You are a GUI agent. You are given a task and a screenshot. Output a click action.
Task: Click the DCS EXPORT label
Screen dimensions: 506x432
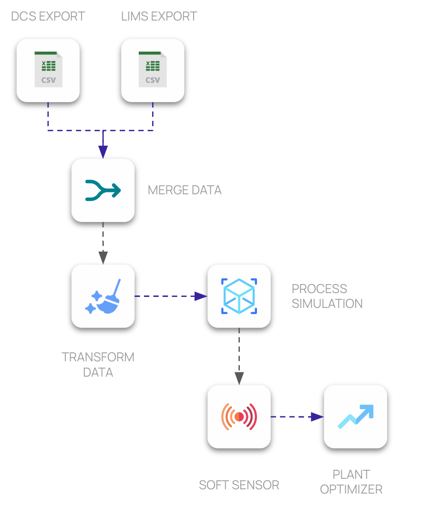click(48, 16)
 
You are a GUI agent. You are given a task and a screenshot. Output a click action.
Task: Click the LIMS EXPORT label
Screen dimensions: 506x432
click(159, 16)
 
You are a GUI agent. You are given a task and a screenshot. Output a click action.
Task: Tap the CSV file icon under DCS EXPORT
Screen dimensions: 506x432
click(48, 70)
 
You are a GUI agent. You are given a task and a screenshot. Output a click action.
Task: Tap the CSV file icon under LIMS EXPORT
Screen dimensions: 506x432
click(153, 70)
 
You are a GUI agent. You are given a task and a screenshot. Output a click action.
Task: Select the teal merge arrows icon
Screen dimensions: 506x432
click(103, 190)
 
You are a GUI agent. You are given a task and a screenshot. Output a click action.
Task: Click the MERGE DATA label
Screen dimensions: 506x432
click(185, 190)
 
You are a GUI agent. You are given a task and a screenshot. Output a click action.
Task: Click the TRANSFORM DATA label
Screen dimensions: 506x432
click(98, 365)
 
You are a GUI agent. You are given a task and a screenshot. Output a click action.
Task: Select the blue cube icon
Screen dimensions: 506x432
click(239, 296)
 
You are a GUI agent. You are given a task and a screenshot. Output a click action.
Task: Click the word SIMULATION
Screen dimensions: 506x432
click(327, 304)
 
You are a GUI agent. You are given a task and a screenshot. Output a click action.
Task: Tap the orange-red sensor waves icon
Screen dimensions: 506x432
click(239, 417)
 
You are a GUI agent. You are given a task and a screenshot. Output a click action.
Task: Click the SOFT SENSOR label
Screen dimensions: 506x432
click(239, 485)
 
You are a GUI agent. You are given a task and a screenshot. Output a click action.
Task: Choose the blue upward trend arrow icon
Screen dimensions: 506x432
click(356, 417)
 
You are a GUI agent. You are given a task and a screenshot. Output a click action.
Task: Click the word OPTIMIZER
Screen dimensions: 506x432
click(351, 489)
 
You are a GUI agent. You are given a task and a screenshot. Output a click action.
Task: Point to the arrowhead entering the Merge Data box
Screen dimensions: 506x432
click(103, 152)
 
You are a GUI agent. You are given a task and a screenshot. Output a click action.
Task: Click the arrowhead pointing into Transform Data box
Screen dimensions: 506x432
click(103, 258)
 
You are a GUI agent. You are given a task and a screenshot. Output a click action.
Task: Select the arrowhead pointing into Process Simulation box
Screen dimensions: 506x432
click(201, 296)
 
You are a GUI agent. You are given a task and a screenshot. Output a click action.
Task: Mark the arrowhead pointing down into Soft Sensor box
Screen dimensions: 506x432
click(239, 379)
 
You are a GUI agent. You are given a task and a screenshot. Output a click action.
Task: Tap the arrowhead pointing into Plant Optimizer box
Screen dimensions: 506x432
click(318, 417)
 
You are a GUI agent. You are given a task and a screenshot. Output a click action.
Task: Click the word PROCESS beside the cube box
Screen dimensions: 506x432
click(319, 289)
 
